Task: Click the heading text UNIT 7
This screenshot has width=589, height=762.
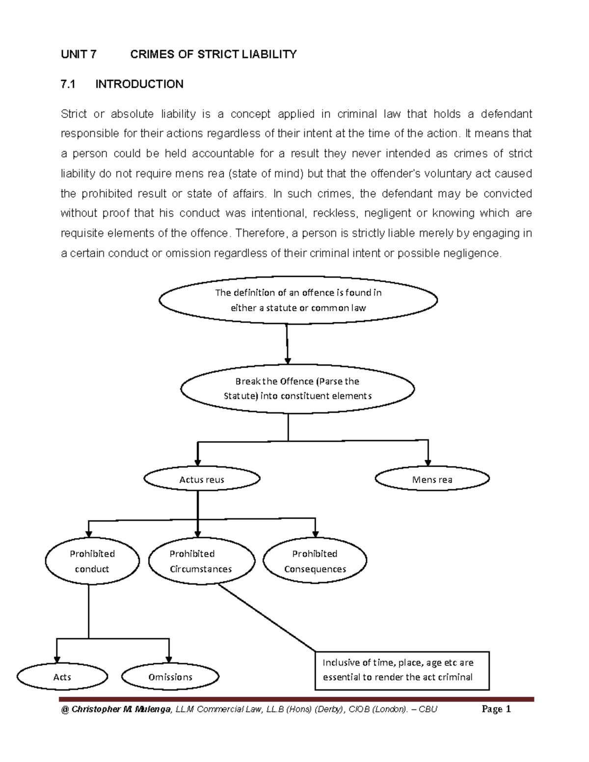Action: pyautogui.click(x=79, y=54)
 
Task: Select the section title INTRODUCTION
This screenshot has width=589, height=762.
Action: pyautogui.click(x=139, y=84)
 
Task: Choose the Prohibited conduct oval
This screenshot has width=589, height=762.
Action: pyautogui.click(x=92, y=561)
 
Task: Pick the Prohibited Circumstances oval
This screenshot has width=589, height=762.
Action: pyautogui.click(x=201, y=561)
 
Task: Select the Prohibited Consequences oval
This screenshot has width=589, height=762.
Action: pyautogui.click(x=315, y=561)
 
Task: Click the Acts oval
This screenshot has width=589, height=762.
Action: pyautogui.click(x=62, y=677)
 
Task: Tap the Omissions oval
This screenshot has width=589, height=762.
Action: pyautogui.click(x=170, y=677)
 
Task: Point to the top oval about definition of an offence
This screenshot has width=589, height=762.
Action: pyautogui.click(x=298, y=300)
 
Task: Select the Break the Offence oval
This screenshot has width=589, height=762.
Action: pyautogui.click(x=297, y=388)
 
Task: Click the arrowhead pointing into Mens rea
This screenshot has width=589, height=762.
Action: pyautogui.click(x=428, y=462)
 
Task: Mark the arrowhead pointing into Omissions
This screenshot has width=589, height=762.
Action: pyautogui.click(x=169, y=659)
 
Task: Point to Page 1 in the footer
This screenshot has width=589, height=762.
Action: pyautogui.click(x=496, y=709)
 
